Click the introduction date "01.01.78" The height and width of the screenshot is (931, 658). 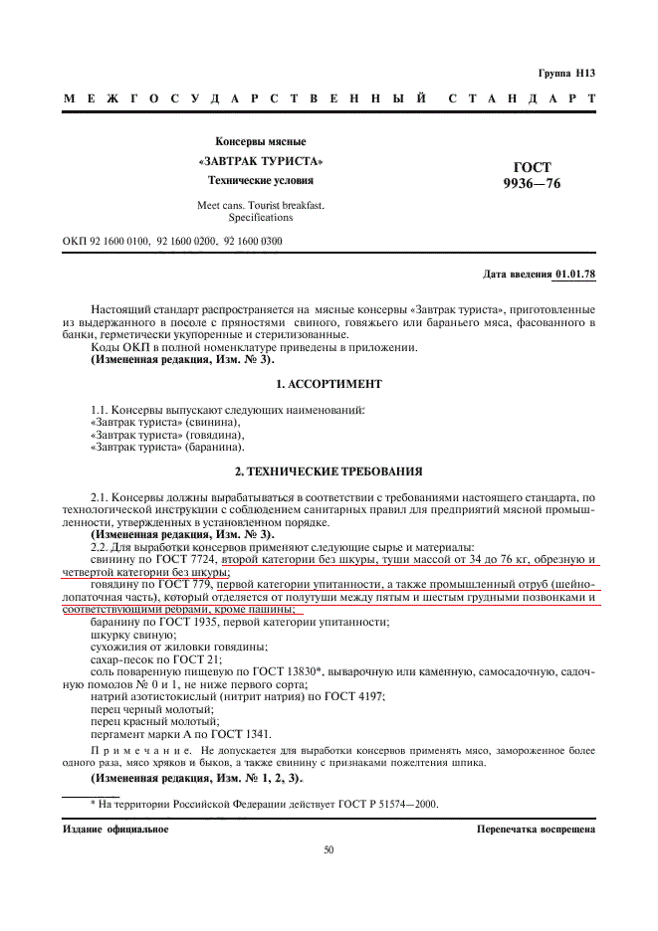click(x=575, y=273)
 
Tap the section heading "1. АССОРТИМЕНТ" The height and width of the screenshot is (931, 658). click(x=329, y=383)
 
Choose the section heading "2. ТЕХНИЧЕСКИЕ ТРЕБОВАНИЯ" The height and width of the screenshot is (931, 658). click(x=329, y=469)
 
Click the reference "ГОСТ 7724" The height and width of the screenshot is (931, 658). click(x=187, y=559)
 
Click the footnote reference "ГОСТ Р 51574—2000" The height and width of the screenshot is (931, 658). click(x=390, y=804)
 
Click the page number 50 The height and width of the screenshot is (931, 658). click(x=329, y=850)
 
